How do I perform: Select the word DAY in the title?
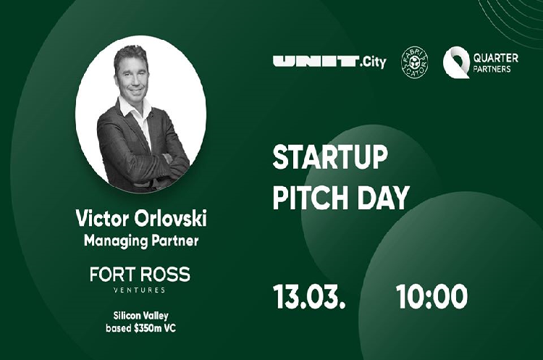(383, 198)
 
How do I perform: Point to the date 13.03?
(309, 296)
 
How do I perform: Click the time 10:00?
(432, 296)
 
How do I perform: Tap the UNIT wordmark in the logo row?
(316, 62)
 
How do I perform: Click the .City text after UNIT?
(373, 62)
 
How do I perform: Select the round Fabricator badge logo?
(415, 62)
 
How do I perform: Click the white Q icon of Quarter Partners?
(456, 62)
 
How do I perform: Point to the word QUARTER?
(495, 57)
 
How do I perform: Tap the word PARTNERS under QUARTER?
(492, 69)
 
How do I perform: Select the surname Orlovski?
(170, 218)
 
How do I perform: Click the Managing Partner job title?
(141, 241)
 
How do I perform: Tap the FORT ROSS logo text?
(140, 275)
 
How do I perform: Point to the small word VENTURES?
(140, 290)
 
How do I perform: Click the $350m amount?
(148, 328)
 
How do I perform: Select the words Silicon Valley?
(141, 316)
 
